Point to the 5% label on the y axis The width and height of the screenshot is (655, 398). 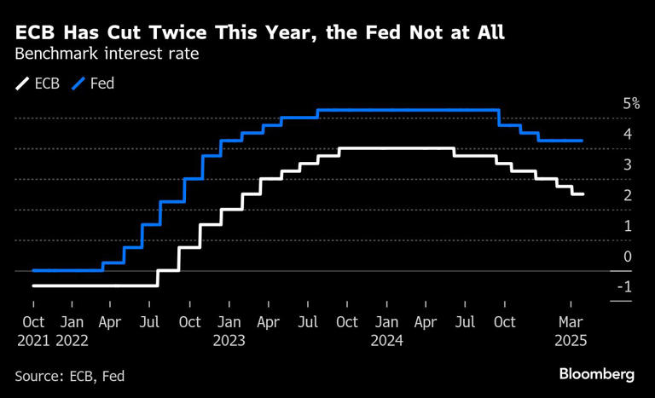pos(631,103)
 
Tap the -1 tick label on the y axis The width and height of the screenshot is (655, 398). pos(626,287)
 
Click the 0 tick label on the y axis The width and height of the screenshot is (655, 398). pos(628,257)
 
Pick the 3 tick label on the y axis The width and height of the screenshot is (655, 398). pos(628,164)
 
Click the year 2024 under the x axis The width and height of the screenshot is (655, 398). pos(387,340)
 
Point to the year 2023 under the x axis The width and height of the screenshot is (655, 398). pos(229,340)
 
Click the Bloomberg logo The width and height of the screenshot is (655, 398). pos(597,374)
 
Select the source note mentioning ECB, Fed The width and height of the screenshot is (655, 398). pos(75,375)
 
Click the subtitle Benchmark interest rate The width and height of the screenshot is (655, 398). pos(102,55)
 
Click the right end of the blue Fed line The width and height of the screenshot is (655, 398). pos(582,141)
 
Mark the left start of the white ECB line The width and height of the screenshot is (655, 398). pos(32,286)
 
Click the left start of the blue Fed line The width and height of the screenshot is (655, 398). pos(32,270)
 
